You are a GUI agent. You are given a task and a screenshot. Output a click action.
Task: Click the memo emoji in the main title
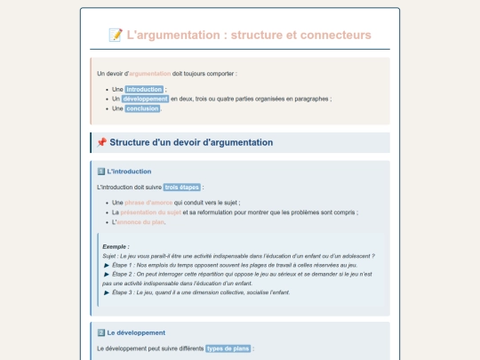tap(115, 35)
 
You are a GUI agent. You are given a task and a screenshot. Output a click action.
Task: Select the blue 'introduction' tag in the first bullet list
tap(144, 90)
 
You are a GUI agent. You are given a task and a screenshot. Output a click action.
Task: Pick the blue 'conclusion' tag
tap(142, 108)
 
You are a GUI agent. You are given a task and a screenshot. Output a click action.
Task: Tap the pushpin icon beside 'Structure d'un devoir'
tap(101, 142)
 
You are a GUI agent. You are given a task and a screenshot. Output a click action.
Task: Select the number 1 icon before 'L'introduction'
tap(100, 172)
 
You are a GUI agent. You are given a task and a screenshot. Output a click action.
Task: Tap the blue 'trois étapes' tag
tap(182, 188)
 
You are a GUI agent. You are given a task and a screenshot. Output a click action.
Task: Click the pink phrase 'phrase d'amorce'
tap(148, 204)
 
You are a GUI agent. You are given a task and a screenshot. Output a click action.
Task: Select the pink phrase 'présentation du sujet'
tap(151, 213)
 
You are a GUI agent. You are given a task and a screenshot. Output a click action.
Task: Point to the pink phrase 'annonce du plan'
tap(140, 222)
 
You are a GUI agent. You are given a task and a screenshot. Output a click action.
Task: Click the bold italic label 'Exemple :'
tap(116, 246)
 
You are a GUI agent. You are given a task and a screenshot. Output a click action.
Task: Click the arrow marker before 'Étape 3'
tap(107, 292)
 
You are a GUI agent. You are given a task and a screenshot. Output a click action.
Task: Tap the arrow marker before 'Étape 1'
tap(107, 265)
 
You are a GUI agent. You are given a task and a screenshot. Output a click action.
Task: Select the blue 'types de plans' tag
tap(228, 348)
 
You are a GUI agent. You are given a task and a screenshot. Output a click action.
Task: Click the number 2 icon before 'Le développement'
tap(100, 332)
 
